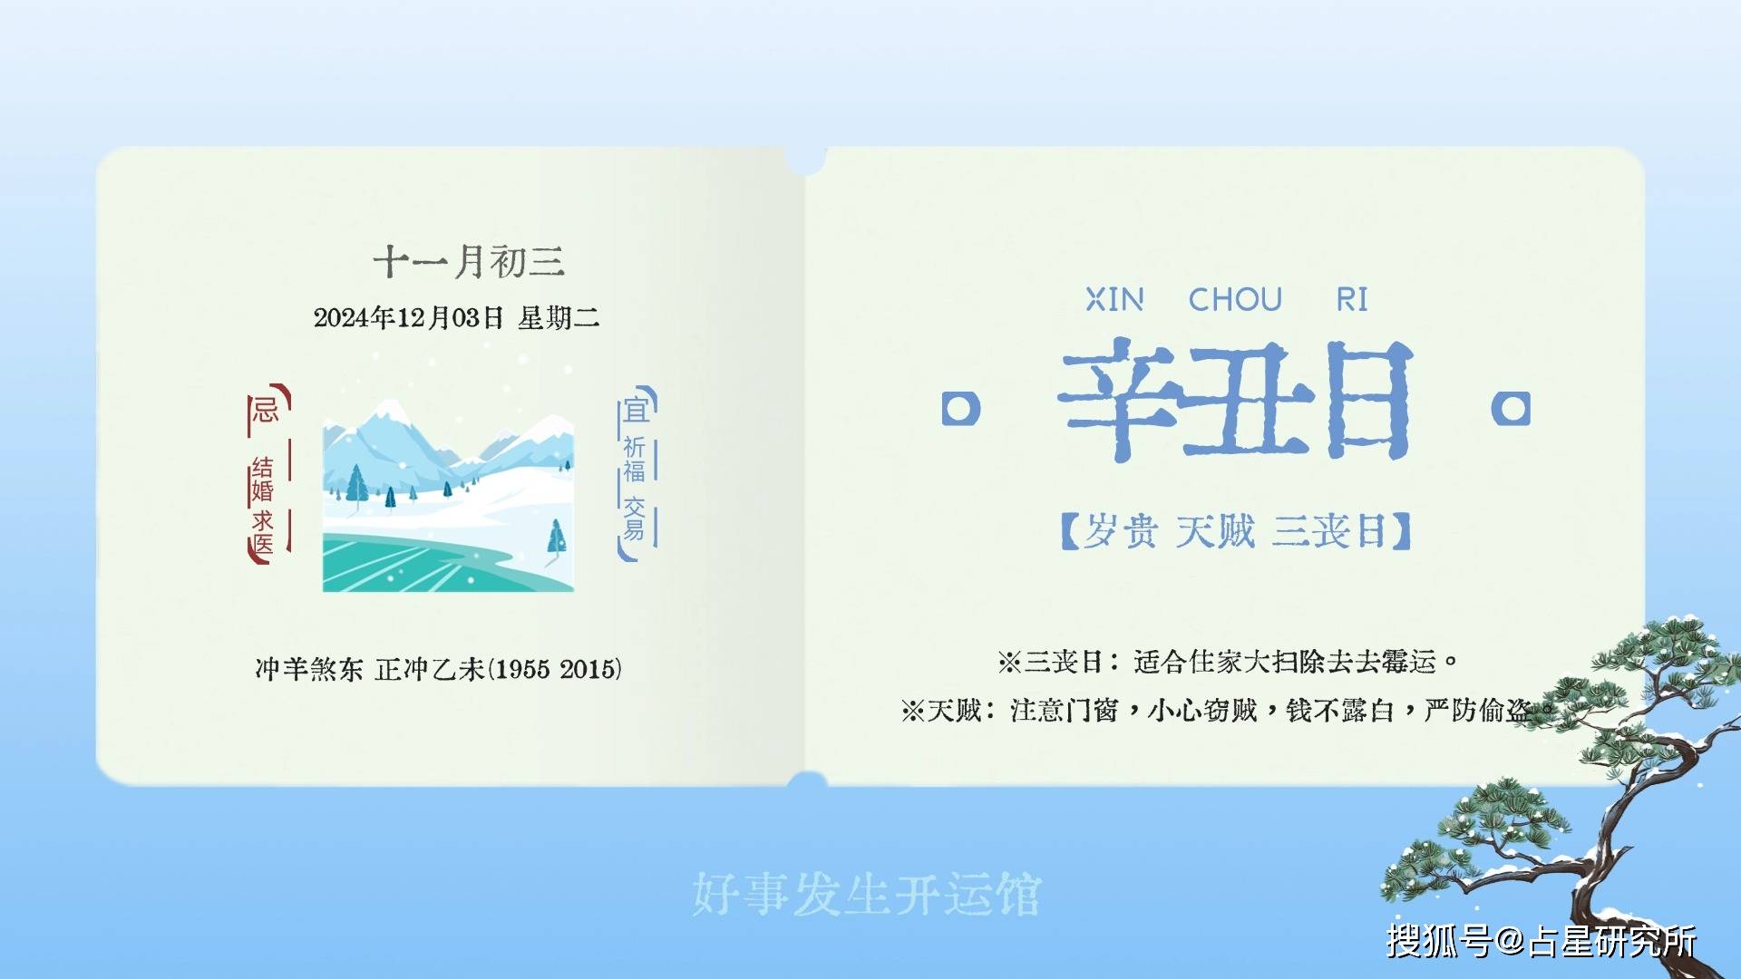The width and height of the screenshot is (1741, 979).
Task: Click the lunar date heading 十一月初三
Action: pyautogui.click(x=469, y=262)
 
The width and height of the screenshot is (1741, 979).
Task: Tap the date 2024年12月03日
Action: pyautogui.click(x=408, y=317)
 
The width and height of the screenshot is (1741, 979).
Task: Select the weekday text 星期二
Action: pyautogui.click(x=559, y=317)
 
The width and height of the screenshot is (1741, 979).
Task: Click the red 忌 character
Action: pyautogui.click(x=265, y=410)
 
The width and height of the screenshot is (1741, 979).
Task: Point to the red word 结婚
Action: pyautogui.click(x=262, y=480)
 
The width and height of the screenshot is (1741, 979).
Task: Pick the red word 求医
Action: pyautogui.click(x=262, y=533)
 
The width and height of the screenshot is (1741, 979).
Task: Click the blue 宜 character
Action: pyautogui.click(x=636, y=410)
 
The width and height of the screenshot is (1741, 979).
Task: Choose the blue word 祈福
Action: pyautogui.click(x=634, y=460)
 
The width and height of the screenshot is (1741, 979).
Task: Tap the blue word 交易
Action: pyautogui.click(x=634, y=519)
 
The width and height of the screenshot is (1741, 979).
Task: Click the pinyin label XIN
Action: pyautogui.click(x=1115, y=299)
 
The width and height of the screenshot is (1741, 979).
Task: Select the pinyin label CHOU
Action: pyautogui.click(x=1235, y=299)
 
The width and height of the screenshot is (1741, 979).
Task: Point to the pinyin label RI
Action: pyautogui.click(x=1352, y=299)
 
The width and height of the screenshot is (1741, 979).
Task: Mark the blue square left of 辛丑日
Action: pyautogui.click(x=961, y=409)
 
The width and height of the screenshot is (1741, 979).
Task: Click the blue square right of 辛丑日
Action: pyautogui.click(x=1511, y=409)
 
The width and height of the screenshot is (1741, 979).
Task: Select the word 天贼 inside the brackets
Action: pyautogui.click(x=1215, y=531)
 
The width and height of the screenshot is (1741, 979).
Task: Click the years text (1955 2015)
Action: pyautogui.click(x=555, y=669)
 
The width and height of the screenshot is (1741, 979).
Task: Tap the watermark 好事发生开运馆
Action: pyautogui.click(x=867, y=895)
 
